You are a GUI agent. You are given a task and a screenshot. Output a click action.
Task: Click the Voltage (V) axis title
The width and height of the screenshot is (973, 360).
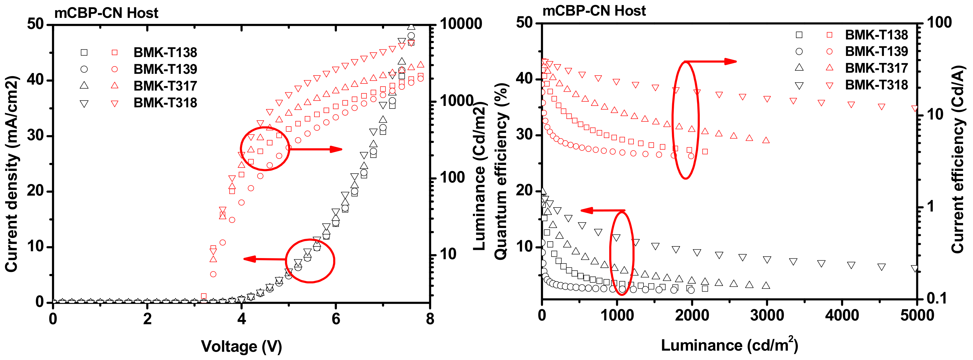[x=241, y=346]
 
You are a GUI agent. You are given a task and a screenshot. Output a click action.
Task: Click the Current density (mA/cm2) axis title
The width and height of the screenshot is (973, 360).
[x=11, y=174]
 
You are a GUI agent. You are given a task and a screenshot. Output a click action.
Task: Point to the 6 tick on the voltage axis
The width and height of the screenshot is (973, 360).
[x=336, y=319]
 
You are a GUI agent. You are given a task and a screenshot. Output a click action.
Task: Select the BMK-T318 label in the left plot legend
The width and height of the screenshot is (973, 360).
[x=165, y=103]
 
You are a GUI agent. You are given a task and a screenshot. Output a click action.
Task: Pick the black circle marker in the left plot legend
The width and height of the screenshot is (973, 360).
[x=84, y=69]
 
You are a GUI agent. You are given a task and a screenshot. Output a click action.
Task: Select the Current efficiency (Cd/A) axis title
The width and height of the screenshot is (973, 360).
[x=957, y=159]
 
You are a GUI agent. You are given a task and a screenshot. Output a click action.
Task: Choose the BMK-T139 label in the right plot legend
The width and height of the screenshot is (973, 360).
[x=876, y=51]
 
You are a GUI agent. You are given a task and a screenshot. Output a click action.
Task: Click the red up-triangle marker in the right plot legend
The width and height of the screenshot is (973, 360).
[x=830, y=68]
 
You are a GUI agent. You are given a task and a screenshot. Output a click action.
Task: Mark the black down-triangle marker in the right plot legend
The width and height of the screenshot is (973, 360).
[x=799, y=85]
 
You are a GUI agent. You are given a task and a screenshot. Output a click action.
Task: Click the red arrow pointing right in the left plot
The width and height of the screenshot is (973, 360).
[x=315, y=149]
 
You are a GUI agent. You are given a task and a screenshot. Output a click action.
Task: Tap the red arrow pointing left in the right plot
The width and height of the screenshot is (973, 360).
[x=603, y=210]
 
